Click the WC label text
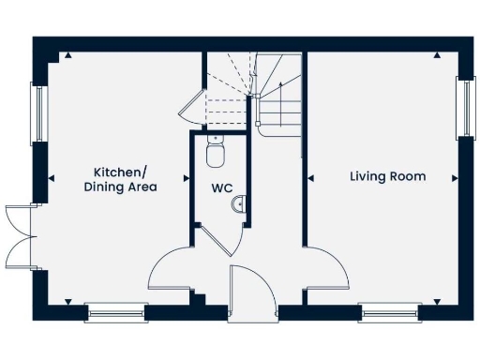click(221, 187)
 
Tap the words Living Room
click(387, 176)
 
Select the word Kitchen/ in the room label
click(120, 172)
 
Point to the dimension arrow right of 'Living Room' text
click(455, 176)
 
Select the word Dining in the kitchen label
click(105, 187)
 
